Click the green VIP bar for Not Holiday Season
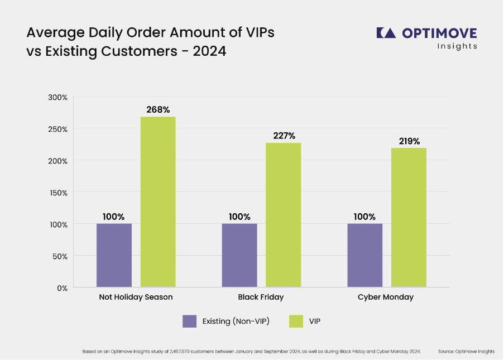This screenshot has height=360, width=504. tap(158, 202)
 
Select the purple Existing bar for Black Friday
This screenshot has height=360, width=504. tap(239, 256)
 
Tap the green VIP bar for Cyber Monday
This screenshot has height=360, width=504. tap(409, 218)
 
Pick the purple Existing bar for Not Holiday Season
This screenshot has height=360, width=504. tap(114, 256)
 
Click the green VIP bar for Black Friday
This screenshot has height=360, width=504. tap(283, 215)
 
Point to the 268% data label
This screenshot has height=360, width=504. tap(158, 109)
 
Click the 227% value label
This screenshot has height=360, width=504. tap(284, 136)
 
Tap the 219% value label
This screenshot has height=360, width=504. tap(409, 141)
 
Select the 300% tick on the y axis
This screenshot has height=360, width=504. tap(57, 97)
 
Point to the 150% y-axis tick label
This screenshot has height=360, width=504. tap(57, 193)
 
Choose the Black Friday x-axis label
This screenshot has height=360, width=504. tap(261, 297)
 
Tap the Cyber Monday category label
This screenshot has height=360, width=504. tap(386, 297)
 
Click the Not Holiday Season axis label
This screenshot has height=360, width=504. tap(136, 297)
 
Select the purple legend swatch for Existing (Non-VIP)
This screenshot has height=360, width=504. tap(190, 321)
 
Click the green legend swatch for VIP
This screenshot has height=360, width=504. tap(296, 321)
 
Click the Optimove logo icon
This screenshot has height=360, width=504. tap(386, 33)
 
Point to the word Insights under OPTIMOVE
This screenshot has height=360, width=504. tap(457, 46)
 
